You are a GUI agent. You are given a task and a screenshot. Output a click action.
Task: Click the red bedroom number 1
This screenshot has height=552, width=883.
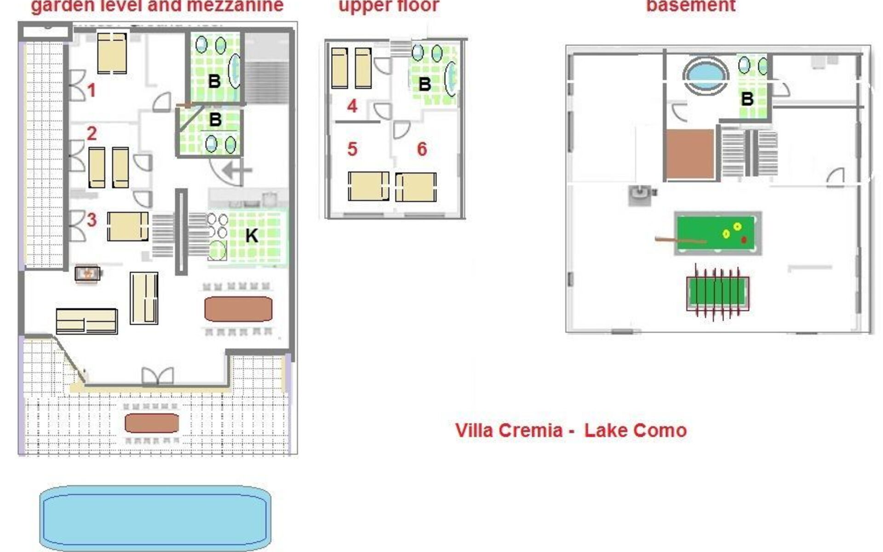pyautogui.click(x=92, y=90)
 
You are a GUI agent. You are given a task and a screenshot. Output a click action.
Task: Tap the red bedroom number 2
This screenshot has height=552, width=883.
pyautogui.click(x=92, y=133)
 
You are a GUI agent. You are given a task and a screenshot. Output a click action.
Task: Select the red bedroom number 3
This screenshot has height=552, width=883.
pyautogui.click(x=92, y=220)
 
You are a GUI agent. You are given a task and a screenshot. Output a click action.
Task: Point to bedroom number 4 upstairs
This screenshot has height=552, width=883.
pyautogui.click(x=352, y=106)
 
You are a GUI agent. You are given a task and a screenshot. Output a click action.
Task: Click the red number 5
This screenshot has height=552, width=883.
pyautogui.click(x=352, y=149)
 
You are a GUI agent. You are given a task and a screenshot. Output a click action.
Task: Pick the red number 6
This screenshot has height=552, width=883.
pyautogui.click(x=422, y=149)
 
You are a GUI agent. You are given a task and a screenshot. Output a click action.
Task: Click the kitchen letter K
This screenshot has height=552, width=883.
pyautogui.click(x=252, y=236)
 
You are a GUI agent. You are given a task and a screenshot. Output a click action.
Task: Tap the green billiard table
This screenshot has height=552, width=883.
pyautogui.click(x=718, y=233)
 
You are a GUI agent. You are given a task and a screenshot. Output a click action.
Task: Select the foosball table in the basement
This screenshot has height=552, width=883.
pyautogui.click(x=717, y=293)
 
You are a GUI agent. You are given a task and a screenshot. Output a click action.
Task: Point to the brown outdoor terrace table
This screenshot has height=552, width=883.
pyautogui.click(x=152, y=423)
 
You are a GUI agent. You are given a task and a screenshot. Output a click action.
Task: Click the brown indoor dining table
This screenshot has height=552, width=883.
pyautogui.click(x=238, y=309)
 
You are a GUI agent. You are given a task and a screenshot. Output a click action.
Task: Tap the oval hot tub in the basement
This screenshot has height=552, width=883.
pyautogui.click(x=705, y=75)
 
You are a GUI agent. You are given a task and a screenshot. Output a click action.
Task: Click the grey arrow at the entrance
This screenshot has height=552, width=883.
pyautogui.click(x=237, y=170)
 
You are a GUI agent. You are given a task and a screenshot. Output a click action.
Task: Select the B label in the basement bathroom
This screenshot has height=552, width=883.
pyautogui.click(x=747, y=99)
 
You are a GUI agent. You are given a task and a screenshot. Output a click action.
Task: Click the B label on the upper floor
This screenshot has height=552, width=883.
pyautogui.click(x=424, y=84)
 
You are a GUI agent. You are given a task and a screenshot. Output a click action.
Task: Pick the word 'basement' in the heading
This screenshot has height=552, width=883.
pyautogui.click(x=691, y=6)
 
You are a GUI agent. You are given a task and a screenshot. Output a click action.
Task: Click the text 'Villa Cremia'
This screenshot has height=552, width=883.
pyautogui.click(x=509, y=431)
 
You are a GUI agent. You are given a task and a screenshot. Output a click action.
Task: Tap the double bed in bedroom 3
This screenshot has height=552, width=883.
pyautogui.click(x=128, y=226)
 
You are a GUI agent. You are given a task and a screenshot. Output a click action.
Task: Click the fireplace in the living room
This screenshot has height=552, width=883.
pyautogui.click(x=87, y=274)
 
